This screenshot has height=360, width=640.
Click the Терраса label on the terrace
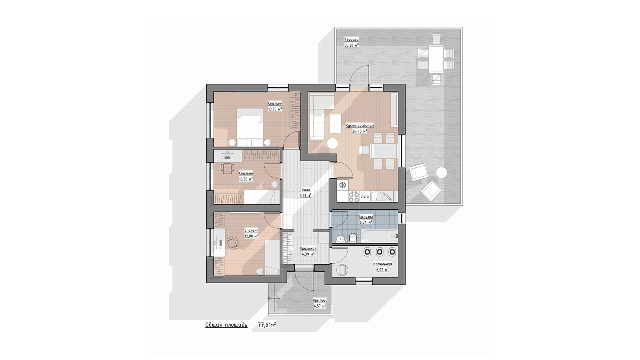(352, 40)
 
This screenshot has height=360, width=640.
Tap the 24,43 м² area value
(360, 131)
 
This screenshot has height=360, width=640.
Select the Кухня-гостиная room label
(360, 126)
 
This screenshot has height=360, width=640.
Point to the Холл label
(306, 190)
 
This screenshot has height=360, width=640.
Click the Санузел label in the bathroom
(366, 216)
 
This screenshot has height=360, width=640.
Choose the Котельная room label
(382, 264)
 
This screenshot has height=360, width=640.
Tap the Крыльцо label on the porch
(320, 300)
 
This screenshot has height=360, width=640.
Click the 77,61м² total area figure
(267, 325)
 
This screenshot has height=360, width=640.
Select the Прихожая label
(308, 248)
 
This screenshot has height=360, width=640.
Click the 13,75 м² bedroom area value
(275, 109)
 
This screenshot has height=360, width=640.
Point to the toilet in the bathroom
(353, 238)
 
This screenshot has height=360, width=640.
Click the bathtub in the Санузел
(380, 236)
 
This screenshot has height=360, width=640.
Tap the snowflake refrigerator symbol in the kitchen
(342, 185)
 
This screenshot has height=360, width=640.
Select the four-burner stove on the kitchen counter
(354, 196)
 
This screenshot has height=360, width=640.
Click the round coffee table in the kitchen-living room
(332, 143)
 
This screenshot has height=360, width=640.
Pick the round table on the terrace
(442, 172)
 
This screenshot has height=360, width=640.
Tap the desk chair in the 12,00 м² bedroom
(233, 243)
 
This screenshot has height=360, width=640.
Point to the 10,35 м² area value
(246, 179)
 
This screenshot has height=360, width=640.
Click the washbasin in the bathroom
(340, 238)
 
